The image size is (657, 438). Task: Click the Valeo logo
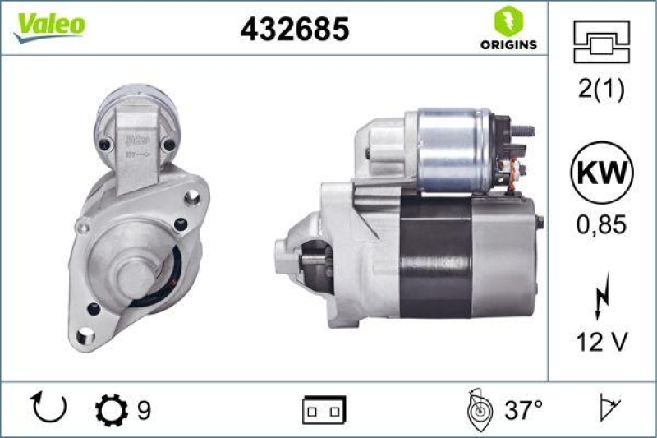point(48,25)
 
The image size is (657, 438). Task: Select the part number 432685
point(294,30)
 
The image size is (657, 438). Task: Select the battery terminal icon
point(325,408)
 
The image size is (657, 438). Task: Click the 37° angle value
point(523,408)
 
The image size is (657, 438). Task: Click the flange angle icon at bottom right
point(608,408)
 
